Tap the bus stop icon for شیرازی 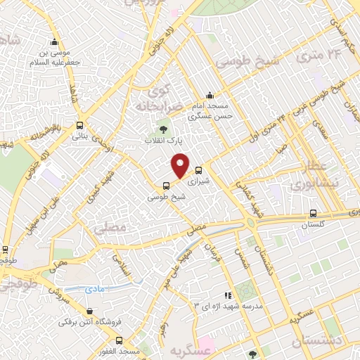pyautogui.click(x=198, y=169)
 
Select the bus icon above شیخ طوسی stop pyautogui.click(x=166, y=186)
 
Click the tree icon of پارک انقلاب pyautogui.click(x=163, y=129)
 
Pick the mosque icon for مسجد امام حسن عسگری pyautogui.click(x=209, y=96)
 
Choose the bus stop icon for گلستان pyautogui.click(x=314, y=214)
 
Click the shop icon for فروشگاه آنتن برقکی pyautogui.click(x=89, y=311)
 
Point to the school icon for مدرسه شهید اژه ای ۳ pyautogui.click(x=226, y=295)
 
